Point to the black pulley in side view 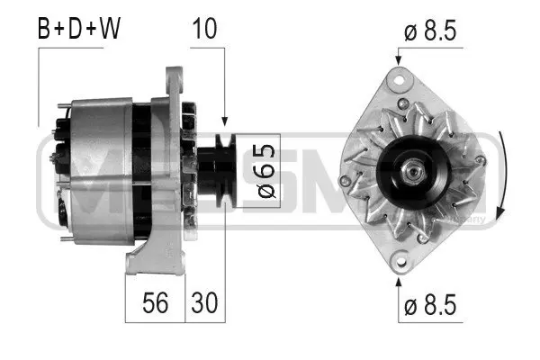(216, 167)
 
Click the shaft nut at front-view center (413, 168)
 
